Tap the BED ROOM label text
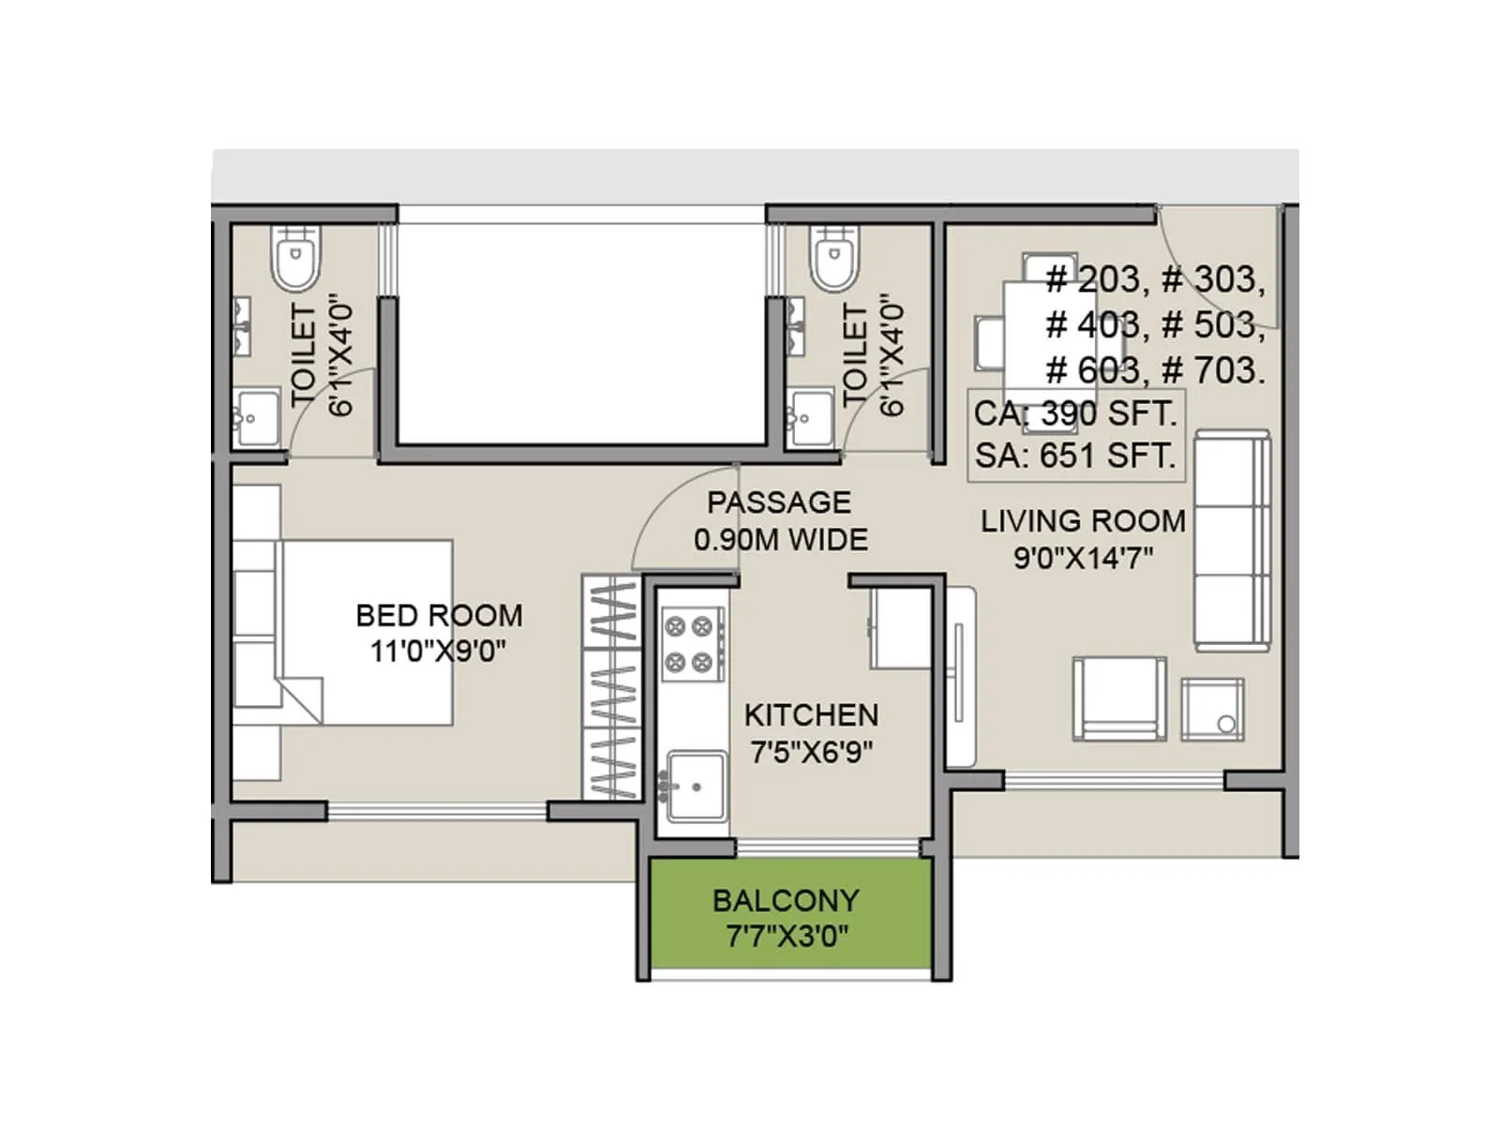(x=439, y=615)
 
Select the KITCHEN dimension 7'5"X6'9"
(x=812, y=752)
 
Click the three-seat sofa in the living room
(x=1232, y=541)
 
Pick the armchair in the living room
(x=1119, y=699)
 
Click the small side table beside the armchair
(x=1212, y=709)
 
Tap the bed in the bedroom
(x=366, y=632)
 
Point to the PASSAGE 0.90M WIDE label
(x=780, y=521)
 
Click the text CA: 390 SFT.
(x=1074, y=413)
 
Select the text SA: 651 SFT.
(x=1074, y=456)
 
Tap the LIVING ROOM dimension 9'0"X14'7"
(x=1083, y=559)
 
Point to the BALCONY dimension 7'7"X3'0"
(x=787, y=936)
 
